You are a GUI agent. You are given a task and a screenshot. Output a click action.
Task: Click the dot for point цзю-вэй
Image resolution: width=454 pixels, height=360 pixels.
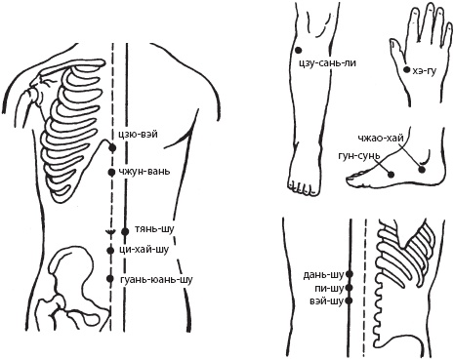(112, 148)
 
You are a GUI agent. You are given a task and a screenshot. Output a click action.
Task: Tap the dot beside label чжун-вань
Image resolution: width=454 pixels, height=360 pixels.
(111, 173)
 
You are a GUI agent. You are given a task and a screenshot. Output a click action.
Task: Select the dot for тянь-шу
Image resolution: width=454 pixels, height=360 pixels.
(125, 231)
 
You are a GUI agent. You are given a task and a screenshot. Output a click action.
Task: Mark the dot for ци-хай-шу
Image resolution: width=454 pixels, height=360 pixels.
(110, 250)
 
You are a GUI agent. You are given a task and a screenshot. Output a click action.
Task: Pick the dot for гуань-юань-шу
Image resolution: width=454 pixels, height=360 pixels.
(110, 279)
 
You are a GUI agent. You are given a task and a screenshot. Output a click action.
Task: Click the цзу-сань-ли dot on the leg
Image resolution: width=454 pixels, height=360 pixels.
(298, 50)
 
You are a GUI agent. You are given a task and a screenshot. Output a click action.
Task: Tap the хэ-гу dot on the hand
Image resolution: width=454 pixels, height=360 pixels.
(406, 69)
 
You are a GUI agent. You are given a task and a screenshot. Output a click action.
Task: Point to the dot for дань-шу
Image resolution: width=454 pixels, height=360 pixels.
(350, 274)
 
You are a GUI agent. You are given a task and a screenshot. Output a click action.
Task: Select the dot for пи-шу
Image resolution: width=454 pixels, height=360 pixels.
(350, 288)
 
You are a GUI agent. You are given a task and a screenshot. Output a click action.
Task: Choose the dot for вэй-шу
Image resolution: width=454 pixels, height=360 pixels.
(350, 300)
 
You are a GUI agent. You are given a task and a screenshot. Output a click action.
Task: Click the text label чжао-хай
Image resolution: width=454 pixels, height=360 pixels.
(381, 139)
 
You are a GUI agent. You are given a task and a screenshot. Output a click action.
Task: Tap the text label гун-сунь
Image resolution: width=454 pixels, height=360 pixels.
(359, 155)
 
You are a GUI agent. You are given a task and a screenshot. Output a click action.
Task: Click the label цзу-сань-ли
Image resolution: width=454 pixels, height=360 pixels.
(327, 62)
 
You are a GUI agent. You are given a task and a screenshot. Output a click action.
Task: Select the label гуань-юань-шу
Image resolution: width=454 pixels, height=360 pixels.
(156, 279)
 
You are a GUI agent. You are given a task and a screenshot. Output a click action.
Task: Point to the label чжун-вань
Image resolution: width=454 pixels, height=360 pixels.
(144, 172)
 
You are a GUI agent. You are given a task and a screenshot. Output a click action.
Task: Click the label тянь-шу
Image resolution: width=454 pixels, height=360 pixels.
(154, 229)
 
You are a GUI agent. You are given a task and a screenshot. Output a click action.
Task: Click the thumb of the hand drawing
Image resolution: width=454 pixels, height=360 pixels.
(397, 49)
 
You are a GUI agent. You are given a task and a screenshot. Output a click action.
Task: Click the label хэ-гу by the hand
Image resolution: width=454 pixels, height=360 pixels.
(424, 71)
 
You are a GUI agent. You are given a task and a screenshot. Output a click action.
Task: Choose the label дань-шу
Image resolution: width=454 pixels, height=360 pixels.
(323, 275)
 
